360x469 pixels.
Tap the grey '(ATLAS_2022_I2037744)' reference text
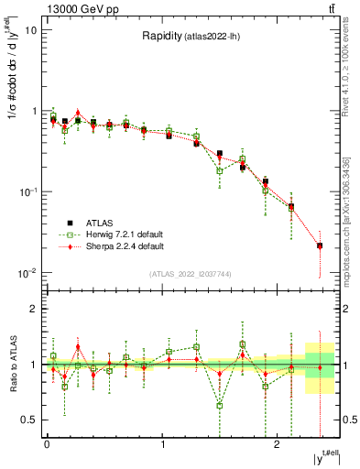click(189, 274)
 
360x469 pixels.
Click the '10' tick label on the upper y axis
click(30, 30)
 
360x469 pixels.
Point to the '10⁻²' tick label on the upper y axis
click(27, 272)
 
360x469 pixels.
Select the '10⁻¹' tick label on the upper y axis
click(27, 191)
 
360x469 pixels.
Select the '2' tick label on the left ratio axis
click(33, 310)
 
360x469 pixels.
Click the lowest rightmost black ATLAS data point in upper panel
click(320, 245)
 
